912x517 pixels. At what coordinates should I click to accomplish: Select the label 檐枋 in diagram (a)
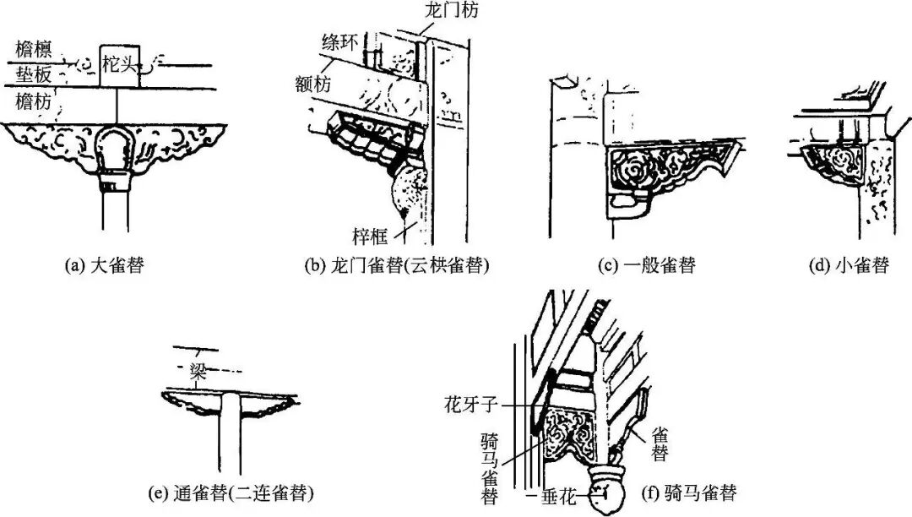[x=33, y=102]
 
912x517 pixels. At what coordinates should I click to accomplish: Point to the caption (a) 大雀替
[x=104, y=265]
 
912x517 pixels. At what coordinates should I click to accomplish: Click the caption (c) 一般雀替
[x=647, y=265]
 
